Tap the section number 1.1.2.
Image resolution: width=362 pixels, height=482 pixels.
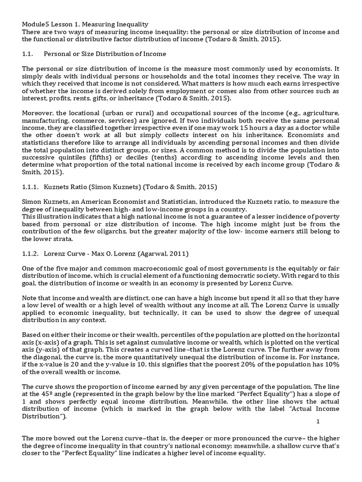point(30,254)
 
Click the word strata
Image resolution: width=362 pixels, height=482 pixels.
point(57,239)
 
